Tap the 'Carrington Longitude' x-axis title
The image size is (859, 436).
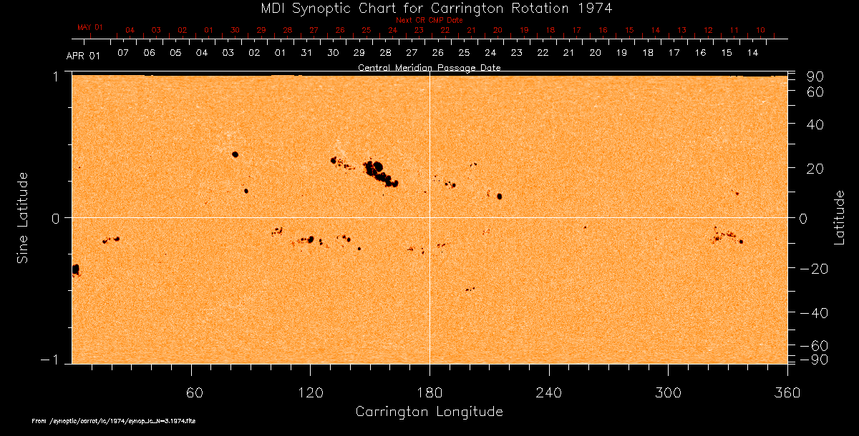tap(429, 412)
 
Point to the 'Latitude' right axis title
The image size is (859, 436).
tap(839, 217)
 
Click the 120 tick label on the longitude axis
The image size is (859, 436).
tap(310, 392)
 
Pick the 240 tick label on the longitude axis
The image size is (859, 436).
tap(548, 392)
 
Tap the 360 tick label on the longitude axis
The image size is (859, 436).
tap(787, 392)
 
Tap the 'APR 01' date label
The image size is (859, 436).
tap(84, 56)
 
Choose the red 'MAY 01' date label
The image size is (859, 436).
tap(90, 27)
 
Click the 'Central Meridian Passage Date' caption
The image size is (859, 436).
tap(429, 67)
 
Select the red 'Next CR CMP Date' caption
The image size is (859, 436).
tap(429, 20)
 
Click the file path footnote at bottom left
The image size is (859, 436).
tap(115, 421)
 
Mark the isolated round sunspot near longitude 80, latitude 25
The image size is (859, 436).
tap(235, 154)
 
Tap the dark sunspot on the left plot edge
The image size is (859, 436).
tap(75, 269)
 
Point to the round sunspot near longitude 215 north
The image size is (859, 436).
tap(499, 197)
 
